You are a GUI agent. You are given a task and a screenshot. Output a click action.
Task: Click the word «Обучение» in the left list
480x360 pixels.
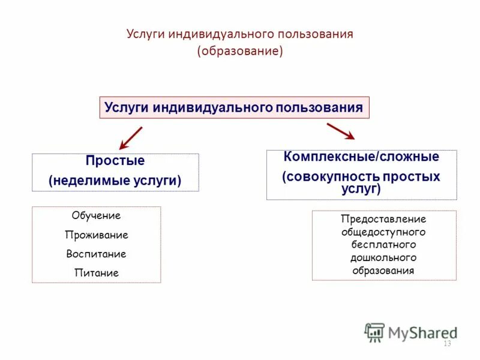point(96,215)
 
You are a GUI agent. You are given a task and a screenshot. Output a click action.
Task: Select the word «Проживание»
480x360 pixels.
point(96,235)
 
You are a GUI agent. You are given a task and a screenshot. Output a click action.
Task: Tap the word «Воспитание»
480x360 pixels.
point(96,254)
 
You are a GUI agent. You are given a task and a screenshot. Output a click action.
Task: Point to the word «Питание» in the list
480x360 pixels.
point(96,273)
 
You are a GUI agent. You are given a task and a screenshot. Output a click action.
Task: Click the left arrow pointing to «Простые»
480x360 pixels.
point(130,138)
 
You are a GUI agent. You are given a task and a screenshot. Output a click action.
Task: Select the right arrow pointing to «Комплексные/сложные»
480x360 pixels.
point(341,131)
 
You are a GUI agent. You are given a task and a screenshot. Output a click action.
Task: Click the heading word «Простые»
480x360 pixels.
point(115,161)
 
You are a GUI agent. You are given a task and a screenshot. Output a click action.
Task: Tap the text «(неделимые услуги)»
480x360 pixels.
point(115,180)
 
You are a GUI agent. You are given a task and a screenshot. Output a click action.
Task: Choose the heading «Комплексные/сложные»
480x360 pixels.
point(361,157)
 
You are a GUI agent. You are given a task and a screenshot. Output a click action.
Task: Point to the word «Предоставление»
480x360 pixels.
point(383,219)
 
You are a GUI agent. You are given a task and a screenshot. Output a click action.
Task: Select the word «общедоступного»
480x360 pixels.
point(383,232)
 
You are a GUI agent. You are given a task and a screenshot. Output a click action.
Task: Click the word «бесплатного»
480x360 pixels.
point(383,245)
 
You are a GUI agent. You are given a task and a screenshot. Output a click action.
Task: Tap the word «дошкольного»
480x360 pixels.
point(383,257)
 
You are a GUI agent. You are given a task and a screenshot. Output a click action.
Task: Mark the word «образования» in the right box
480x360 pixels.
point(383,271)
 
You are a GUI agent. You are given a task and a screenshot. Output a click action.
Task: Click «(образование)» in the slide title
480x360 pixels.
point(240,52)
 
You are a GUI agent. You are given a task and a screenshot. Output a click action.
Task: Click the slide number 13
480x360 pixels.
point(446,344)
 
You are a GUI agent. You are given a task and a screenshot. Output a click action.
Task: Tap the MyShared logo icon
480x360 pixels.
point(374,332)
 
